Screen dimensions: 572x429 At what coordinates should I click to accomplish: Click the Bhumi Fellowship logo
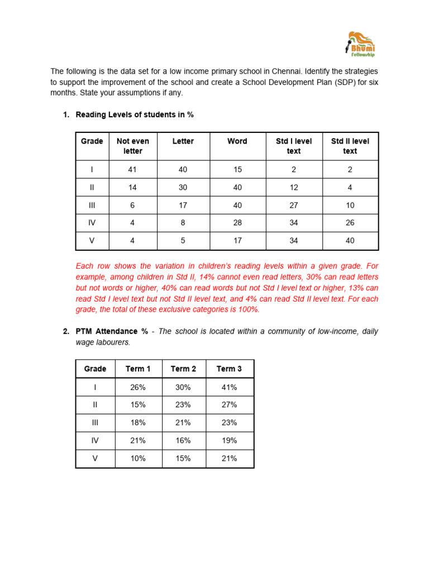(360, 44)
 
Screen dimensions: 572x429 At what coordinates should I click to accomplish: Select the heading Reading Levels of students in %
(135, 115)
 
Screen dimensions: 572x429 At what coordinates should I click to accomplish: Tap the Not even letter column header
(132, 146)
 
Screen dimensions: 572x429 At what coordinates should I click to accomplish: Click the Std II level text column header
(350, 146)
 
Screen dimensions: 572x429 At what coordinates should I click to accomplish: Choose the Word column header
(237, 141)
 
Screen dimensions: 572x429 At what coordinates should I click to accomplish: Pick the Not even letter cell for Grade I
(132, 169)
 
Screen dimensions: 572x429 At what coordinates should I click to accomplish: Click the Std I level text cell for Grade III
(293, 205)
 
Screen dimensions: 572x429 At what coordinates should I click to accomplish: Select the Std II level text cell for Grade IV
(350, 223)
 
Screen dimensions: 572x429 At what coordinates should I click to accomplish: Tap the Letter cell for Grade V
(183, 241)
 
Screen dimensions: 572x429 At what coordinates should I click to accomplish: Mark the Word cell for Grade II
(237, 187)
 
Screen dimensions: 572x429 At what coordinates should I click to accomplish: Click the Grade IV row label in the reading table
(92, 223)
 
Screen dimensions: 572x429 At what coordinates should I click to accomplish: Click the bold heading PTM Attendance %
(112, 331)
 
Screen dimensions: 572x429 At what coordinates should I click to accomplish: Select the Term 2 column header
(183, 369)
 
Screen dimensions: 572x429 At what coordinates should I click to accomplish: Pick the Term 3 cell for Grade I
(229, 387)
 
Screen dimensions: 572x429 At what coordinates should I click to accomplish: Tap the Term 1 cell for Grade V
(138, 458)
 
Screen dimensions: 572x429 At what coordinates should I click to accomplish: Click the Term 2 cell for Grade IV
(183, 440)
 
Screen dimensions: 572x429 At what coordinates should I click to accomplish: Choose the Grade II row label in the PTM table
(95, 404)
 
